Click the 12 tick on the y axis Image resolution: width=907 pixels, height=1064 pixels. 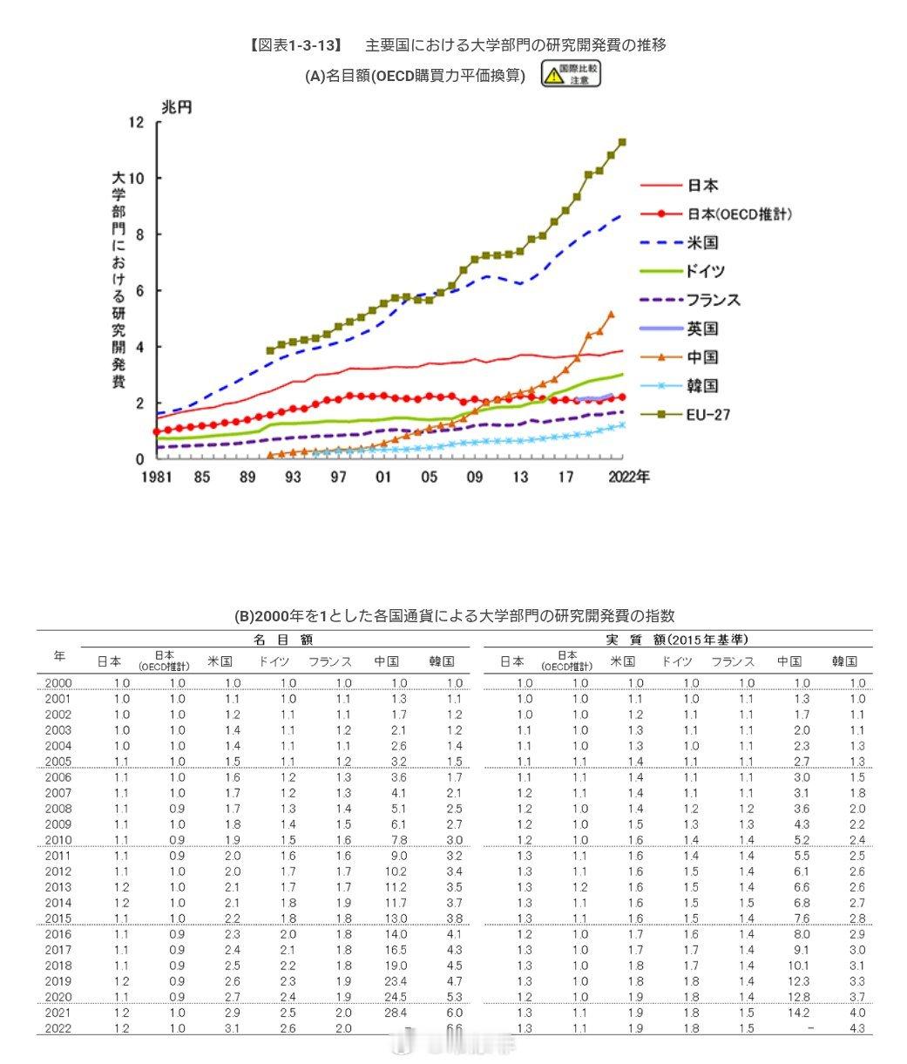coord(135,122)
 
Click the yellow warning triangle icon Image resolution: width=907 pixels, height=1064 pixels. coord(552,76)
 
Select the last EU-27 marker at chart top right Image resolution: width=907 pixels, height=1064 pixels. coord(622,142)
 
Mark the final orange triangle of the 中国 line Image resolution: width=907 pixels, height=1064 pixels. coord(611,314)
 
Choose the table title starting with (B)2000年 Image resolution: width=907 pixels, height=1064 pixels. coord(453,616)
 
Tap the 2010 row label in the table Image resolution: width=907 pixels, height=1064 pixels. coord(58,840)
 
